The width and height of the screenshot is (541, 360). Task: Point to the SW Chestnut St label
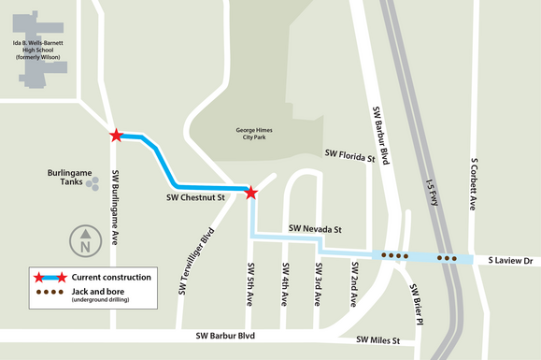tap(196, 198)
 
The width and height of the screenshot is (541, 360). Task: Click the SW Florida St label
tap(349, 154)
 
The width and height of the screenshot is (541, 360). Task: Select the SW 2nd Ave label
tap(353, 284)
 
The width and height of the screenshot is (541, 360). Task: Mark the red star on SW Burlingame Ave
tap(116, 136)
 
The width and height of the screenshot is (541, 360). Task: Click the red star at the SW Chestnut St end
tap(250, 193)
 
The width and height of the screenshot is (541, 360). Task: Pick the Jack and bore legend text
tap(102, 293)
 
